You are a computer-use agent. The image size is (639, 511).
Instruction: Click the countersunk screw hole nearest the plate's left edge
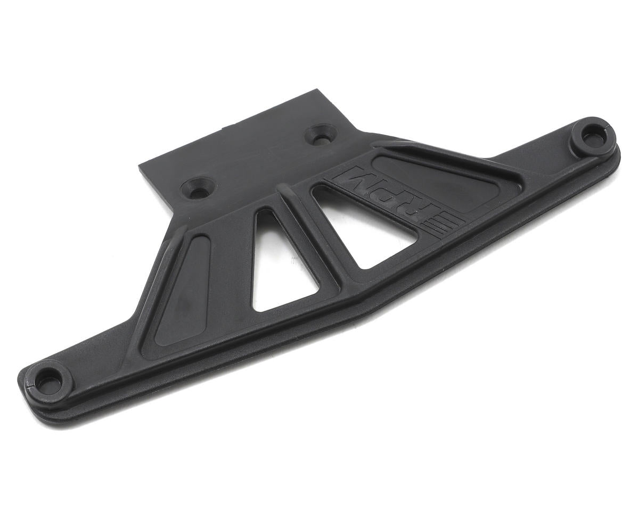point(199,187)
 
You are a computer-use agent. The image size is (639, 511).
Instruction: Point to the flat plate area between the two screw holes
point(261,160)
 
